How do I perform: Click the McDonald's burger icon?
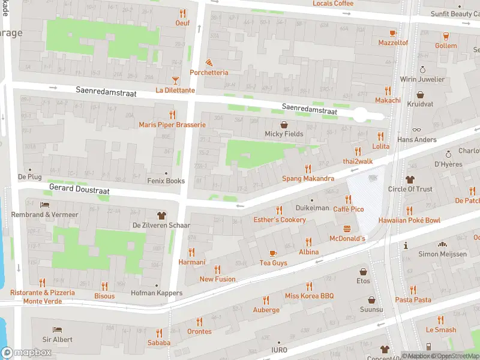pos(347,228)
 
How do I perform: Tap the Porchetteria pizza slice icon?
pos(209,62)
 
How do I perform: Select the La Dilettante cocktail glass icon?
pos(175,80)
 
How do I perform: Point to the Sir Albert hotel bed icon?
pos(57,329)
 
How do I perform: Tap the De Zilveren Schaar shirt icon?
pos(161,215)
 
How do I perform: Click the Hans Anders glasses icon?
pos(417,129)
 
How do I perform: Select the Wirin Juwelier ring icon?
pos(422,70)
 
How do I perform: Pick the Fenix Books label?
pos(166,181)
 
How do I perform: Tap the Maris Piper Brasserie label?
pos(172,125)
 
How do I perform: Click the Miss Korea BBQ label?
pos(309,296)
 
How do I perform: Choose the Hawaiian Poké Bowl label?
pos(409,220)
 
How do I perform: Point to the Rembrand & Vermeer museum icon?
pos(44,205)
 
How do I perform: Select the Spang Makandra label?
pos(308,179)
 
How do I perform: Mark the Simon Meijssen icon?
pos(443,244)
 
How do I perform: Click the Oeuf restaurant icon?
pos(182,13)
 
